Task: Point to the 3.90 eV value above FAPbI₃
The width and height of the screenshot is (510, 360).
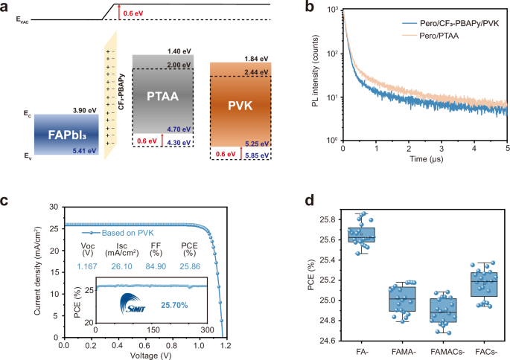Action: pyautogui.click(x=83, y=110)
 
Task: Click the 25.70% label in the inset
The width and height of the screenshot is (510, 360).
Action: pyautogui.click(x=179, y=305)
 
